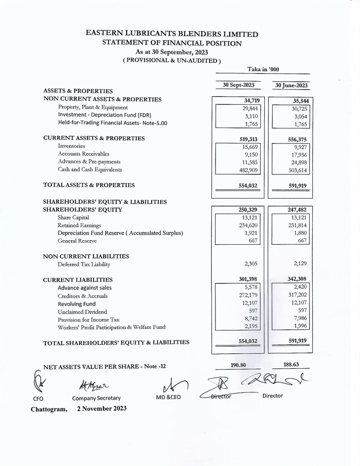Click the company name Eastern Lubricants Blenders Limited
click(x=172, y=34)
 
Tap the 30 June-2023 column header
click(x=291, y=85)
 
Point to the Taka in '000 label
click(x=263, y=69)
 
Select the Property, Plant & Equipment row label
click(x=93, y=107)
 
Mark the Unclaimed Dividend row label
click(x=82, y=312)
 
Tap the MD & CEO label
click(x=168, y=398)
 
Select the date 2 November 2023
click(x=102, y=408)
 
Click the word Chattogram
click(x=49, y=409)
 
